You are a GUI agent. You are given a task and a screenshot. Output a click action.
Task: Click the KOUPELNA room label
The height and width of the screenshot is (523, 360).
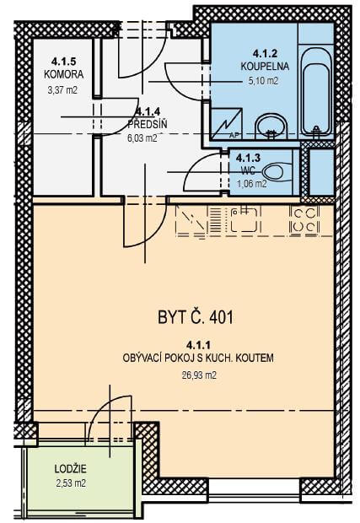tap(265, 66)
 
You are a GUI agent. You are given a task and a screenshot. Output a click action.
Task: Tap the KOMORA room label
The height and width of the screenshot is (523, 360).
tap(64, 74)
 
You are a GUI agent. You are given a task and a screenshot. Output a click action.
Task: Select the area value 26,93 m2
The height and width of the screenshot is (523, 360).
tap(199, 375)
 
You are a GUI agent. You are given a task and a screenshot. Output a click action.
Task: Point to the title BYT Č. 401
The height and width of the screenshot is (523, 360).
tap(196, 317)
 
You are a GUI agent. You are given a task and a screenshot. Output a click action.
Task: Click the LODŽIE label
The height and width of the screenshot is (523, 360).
tap(70, 469)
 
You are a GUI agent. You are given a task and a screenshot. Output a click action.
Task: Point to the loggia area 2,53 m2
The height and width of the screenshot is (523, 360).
tap(70, 483)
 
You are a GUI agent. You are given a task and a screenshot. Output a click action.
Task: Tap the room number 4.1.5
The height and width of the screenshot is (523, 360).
tap(64, 62)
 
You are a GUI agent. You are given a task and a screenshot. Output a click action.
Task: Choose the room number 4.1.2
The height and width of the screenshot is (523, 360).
tap(265, 52)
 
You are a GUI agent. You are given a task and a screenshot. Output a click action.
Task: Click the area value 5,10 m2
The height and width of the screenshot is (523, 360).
tap(263, 80)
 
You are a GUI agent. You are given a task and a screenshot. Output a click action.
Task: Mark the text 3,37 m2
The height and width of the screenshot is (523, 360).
tap(62, 89)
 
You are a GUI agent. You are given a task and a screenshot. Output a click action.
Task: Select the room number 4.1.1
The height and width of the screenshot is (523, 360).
tap(199, 344)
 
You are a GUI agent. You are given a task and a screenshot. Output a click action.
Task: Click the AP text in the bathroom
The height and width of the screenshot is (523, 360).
tap(234, 136)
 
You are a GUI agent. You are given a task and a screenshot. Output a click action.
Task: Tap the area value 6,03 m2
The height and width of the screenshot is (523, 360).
tap(142, 137)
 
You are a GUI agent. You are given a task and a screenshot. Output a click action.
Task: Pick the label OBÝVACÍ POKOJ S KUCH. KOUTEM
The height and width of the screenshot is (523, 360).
tap(198, 359)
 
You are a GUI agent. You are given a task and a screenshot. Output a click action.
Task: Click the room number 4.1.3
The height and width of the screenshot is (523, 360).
tap(248, 157)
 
